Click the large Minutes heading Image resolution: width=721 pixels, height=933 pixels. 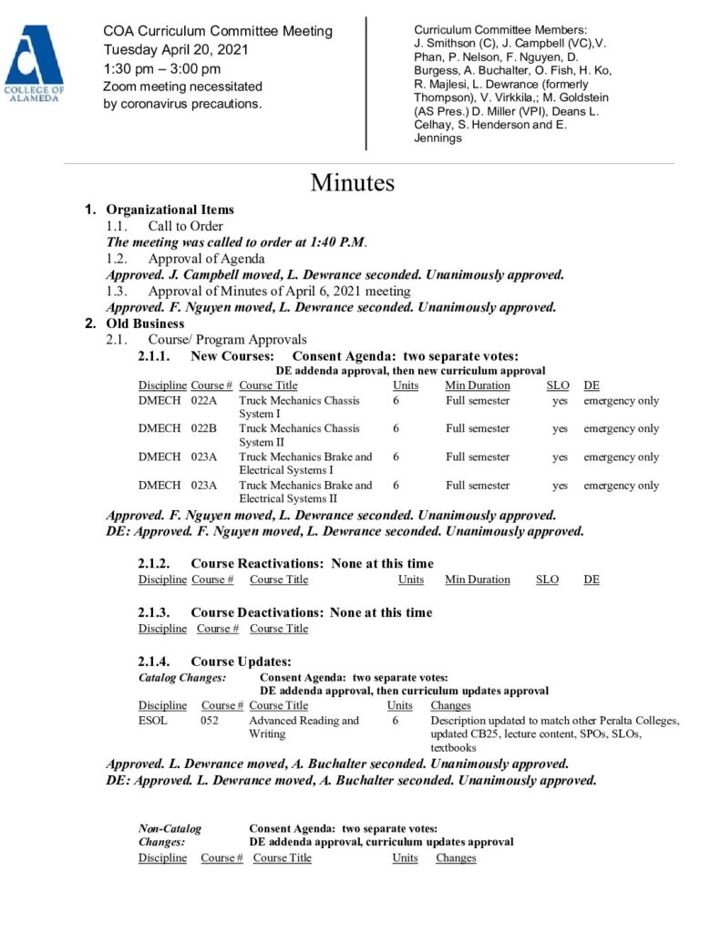pos(352,182)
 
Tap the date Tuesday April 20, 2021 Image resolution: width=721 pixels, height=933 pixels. pos(176,50)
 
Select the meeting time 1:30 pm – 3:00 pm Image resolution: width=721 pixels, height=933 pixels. pos(162,68)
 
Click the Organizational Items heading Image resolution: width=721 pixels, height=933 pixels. pos(170,210)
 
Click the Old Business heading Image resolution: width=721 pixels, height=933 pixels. pos(145,323)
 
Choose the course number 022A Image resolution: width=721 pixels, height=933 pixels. pos(204,401)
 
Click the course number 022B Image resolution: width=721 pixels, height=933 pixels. pos(204,429)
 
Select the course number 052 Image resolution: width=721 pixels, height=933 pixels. pos(210,721)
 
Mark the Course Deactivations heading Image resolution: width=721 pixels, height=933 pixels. pos(259,612)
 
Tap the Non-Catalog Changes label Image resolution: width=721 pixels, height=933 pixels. pos(170,835)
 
